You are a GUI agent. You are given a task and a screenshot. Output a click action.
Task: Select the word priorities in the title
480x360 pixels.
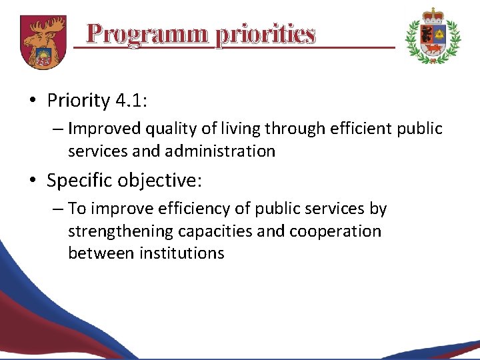[x=265, y=33]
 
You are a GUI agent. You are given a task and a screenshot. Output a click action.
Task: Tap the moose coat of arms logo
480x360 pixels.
[x=43, y=41]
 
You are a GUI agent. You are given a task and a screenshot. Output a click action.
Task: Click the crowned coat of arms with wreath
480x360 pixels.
[x=433, y=37]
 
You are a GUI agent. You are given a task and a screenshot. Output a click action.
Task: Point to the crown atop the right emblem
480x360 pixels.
[x=433, y=15]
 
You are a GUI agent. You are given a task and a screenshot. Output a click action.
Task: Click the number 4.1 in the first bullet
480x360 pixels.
[x=131, y=101]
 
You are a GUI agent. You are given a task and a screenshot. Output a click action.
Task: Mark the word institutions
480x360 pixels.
[x=182, y=253]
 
